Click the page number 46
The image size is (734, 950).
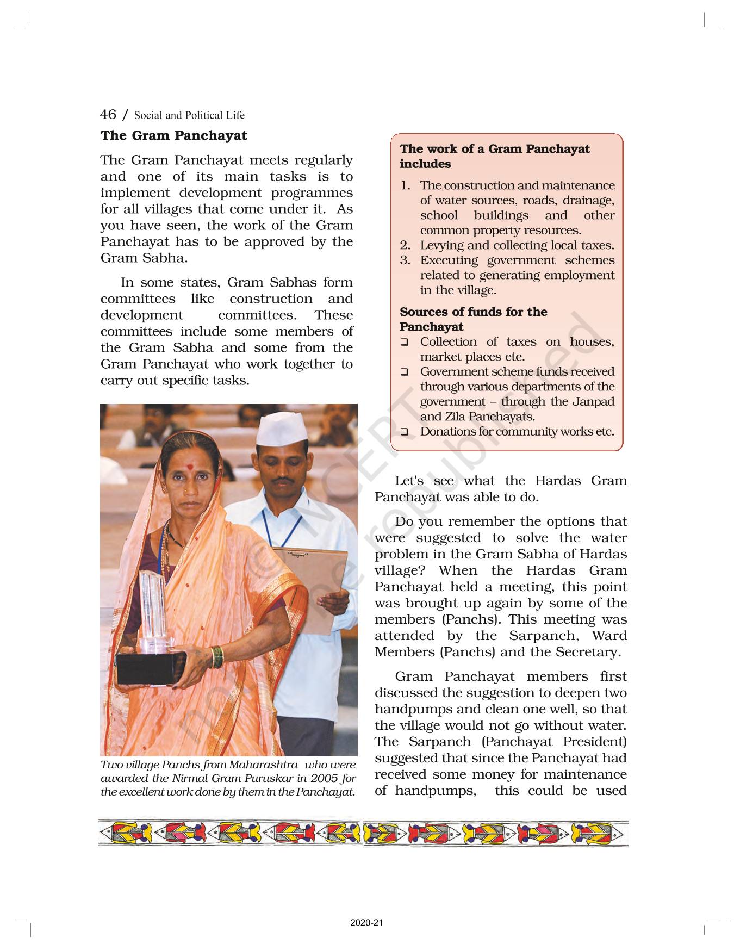[108, 114]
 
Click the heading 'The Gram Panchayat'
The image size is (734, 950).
[173, 135]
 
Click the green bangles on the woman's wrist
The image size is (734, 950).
[216, 657]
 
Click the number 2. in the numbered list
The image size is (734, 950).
[405, 245]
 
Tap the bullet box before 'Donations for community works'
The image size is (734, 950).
[405, 432]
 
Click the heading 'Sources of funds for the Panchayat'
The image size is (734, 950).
[473, 319]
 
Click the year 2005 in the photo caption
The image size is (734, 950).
[325, 778]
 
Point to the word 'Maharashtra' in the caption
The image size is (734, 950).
[263, 765]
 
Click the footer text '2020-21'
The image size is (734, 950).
[366, 923]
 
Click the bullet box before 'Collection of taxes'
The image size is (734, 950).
[405, 343]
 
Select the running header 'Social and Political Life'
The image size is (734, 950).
[189, 115]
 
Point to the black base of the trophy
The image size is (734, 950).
[150, 668]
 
